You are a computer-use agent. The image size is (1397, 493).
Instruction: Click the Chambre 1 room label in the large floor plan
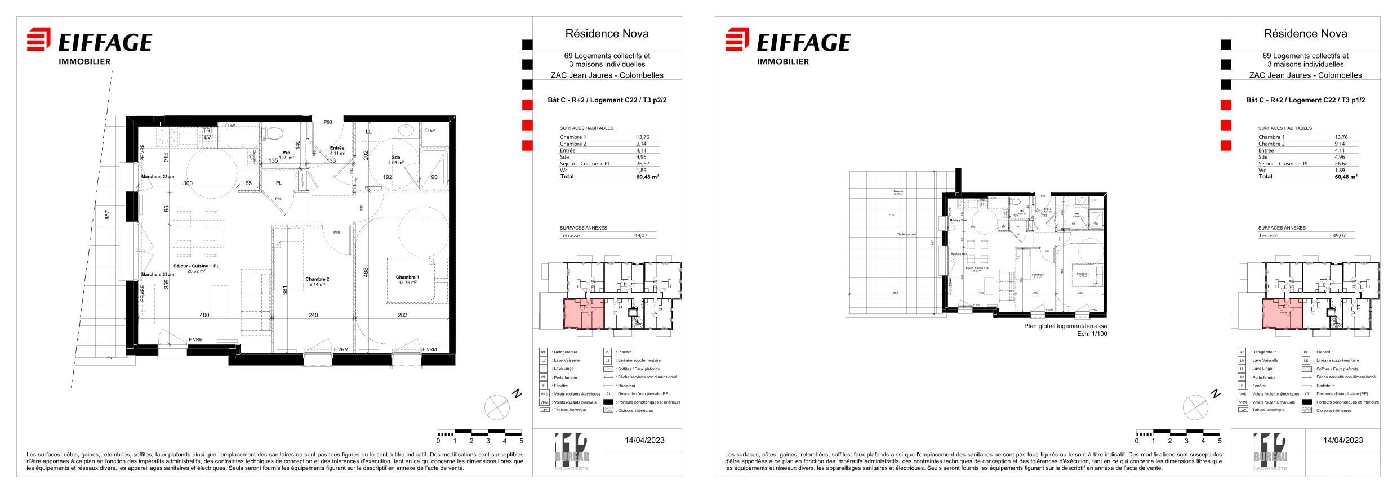(407, 277)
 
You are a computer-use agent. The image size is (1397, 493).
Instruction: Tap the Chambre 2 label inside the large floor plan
(317, 279)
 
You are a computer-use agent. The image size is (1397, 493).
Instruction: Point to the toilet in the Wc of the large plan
(274, 133)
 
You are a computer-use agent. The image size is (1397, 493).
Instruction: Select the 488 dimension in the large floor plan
(366, 272)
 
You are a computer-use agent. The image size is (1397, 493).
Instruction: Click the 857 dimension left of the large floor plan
(108, 216)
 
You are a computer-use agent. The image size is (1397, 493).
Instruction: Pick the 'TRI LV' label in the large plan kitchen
(207, 134)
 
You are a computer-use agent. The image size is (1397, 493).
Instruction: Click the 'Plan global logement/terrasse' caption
(1065, 326)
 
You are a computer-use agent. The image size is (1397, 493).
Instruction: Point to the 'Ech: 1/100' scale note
(1092, 334)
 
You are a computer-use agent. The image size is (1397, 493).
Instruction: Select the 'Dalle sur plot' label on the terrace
(906, 234)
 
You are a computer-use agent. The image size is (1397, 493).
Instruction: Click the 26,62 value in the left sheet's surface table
(642, 164)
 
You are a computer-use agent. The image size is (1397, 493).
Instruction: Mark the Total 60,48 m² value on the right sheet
(1345, 176)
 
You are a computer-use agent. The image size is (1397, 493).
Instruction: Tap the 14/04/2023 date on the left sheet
(644, 440)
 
